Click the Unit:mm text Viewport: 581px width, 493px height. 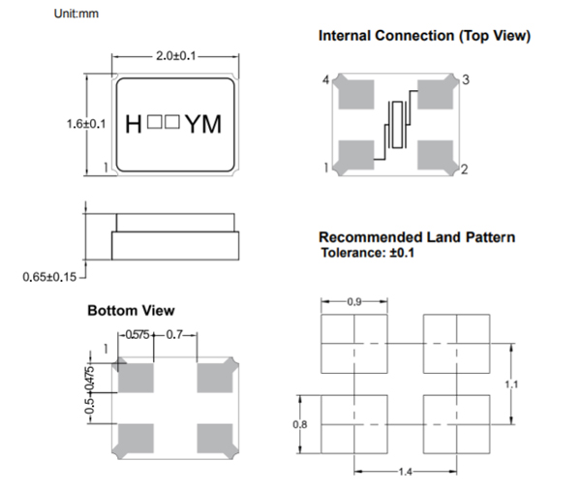76,13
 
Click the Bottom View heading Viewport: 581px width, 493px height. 131,311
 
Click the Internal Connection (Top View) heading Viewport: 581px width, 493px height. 424,36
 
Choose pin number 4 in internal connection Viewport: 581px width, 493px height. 325,79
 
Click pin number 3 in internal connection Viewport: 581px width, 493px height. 466,79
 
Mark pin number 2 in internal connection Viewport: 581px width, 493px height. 465,170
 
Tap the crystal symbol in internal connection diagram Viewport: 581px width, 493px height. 396,125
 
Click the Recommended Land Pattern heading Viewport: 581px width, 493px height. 416,237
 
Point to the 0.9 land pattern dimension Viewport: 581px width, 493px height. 353,302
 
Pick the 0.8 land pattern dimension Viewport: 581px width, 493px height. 299,423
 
